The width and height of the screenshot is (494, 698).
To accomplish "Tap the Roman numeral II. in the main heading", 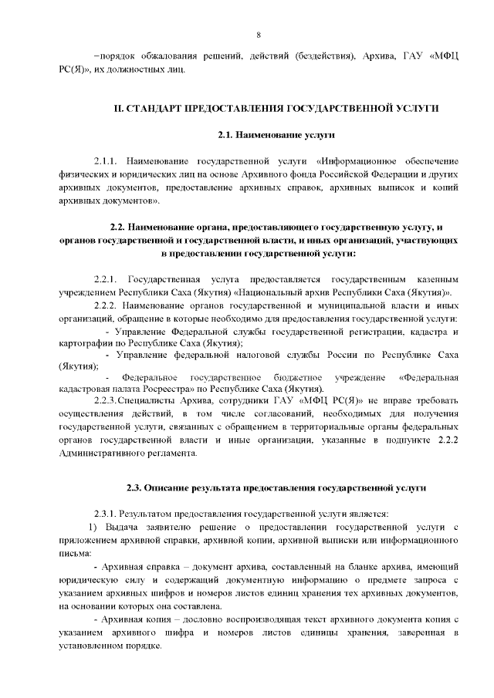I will click(x=120, y=108).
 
